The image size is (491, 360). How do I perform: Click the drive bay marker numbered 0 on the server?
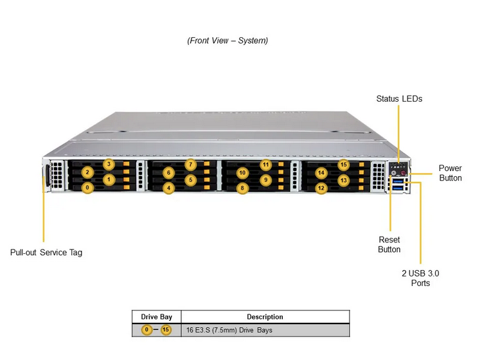87,188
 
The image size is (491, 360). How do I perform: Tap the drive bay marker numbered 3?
109,164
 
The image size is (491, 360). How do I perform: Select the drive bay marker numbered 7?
190,165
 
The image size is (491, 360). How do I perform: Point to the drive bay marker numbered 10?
242,173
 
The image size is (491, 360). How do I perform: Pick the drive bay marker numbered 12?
321,188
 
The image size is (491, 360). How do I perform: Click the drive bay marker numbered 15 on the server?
344,165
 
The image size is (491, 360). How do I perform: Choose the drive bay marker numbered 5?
190,180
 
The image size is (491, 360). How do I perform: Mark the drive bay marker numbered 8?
242,188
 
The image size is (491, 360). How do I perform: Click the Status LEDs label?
399,99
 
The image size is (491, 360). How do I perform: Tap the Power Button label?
451,173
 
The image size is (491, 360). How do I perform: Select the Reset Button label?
389,244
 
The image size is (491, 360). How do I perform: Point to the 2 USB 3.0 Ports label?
420,278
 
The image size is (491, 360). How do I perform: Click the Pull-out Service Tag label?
46,252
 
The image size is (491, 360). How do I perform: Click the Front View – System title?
228,40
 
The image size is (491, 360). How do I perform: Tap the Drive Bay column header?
157,317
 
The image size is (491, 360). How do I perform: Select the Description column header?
265,317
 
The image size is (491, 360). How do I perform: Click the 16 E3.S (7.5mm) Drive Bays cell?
229,330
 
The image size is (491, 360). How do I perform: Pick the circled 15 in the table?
166,330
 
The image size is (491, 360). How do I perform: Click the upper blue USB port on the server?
398,181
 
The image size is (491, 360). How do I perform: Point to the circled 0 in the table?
147,330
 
